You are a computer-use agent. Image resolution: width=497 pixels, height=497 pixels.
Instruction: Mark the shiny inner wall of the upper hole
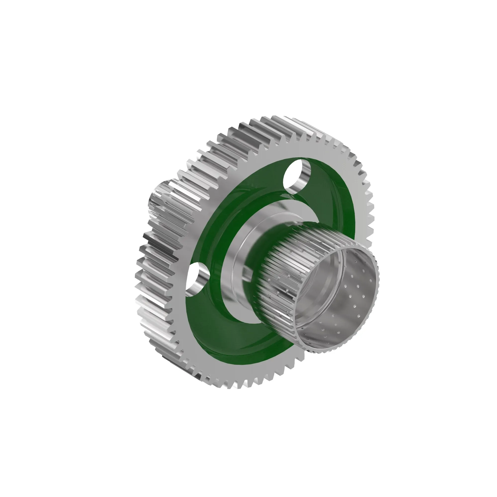click(x=304, y=177)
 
